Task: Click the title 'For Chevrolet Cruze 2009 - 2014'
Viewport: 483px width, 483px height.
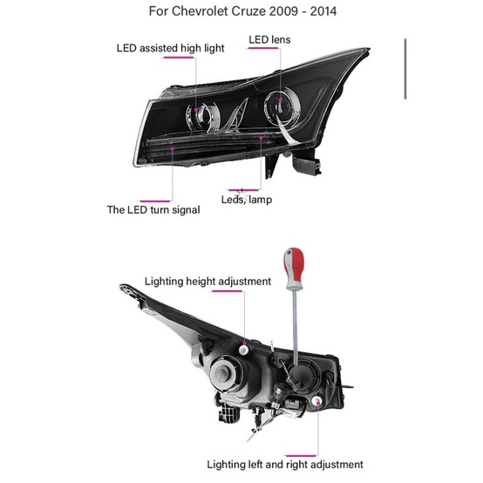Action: click(242, 11)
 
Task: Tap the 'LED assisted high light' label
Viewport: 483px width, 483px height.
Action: click(170, 48)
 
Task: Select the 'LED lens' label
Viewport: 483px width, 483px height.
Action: click(269, 40)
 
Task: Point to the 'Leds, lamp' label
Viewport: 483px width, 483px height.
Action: click(247, 200)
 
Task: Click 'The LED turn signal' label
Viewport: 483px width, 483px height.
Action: click(153, 210)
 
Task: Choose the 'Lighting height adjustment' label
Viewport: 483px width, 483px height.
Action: click(207, 282)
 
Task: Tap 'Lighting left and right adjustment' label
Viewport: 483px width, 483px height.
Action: click(285, 465)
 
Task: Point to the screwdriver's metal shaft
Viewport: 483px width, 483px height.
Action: click(295, 327)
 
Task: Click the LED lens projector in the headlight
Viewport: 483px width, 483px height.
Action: click(282, 107)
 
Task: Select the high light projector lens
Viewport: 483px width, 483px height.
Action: click(201, 115)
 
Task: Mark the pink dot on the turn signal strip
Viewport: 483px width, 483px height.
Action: click(173, 149)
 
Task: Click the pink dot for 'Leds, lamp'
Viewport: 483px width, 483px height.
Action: click(261, 138)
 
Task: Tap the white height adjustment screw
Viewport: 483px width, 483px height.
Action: click(243, 349)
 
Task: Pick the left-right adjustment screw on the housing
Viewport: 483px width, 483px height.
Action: click(317, 401)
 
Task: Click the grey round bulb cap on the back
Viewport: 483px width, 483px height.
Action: click(224, 373)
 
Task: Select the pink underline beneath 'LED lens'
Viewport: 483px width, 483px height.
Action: click(262, 48)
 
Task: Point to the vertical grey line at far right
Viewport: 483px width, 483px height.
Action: click(405, 69)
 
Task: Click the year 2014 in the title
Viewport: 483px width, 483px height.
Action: click(323, 11)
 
